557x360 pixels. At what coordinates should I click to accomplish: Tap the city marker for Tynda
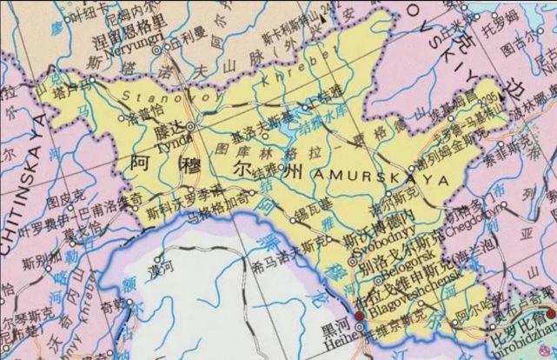[190, 128]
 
